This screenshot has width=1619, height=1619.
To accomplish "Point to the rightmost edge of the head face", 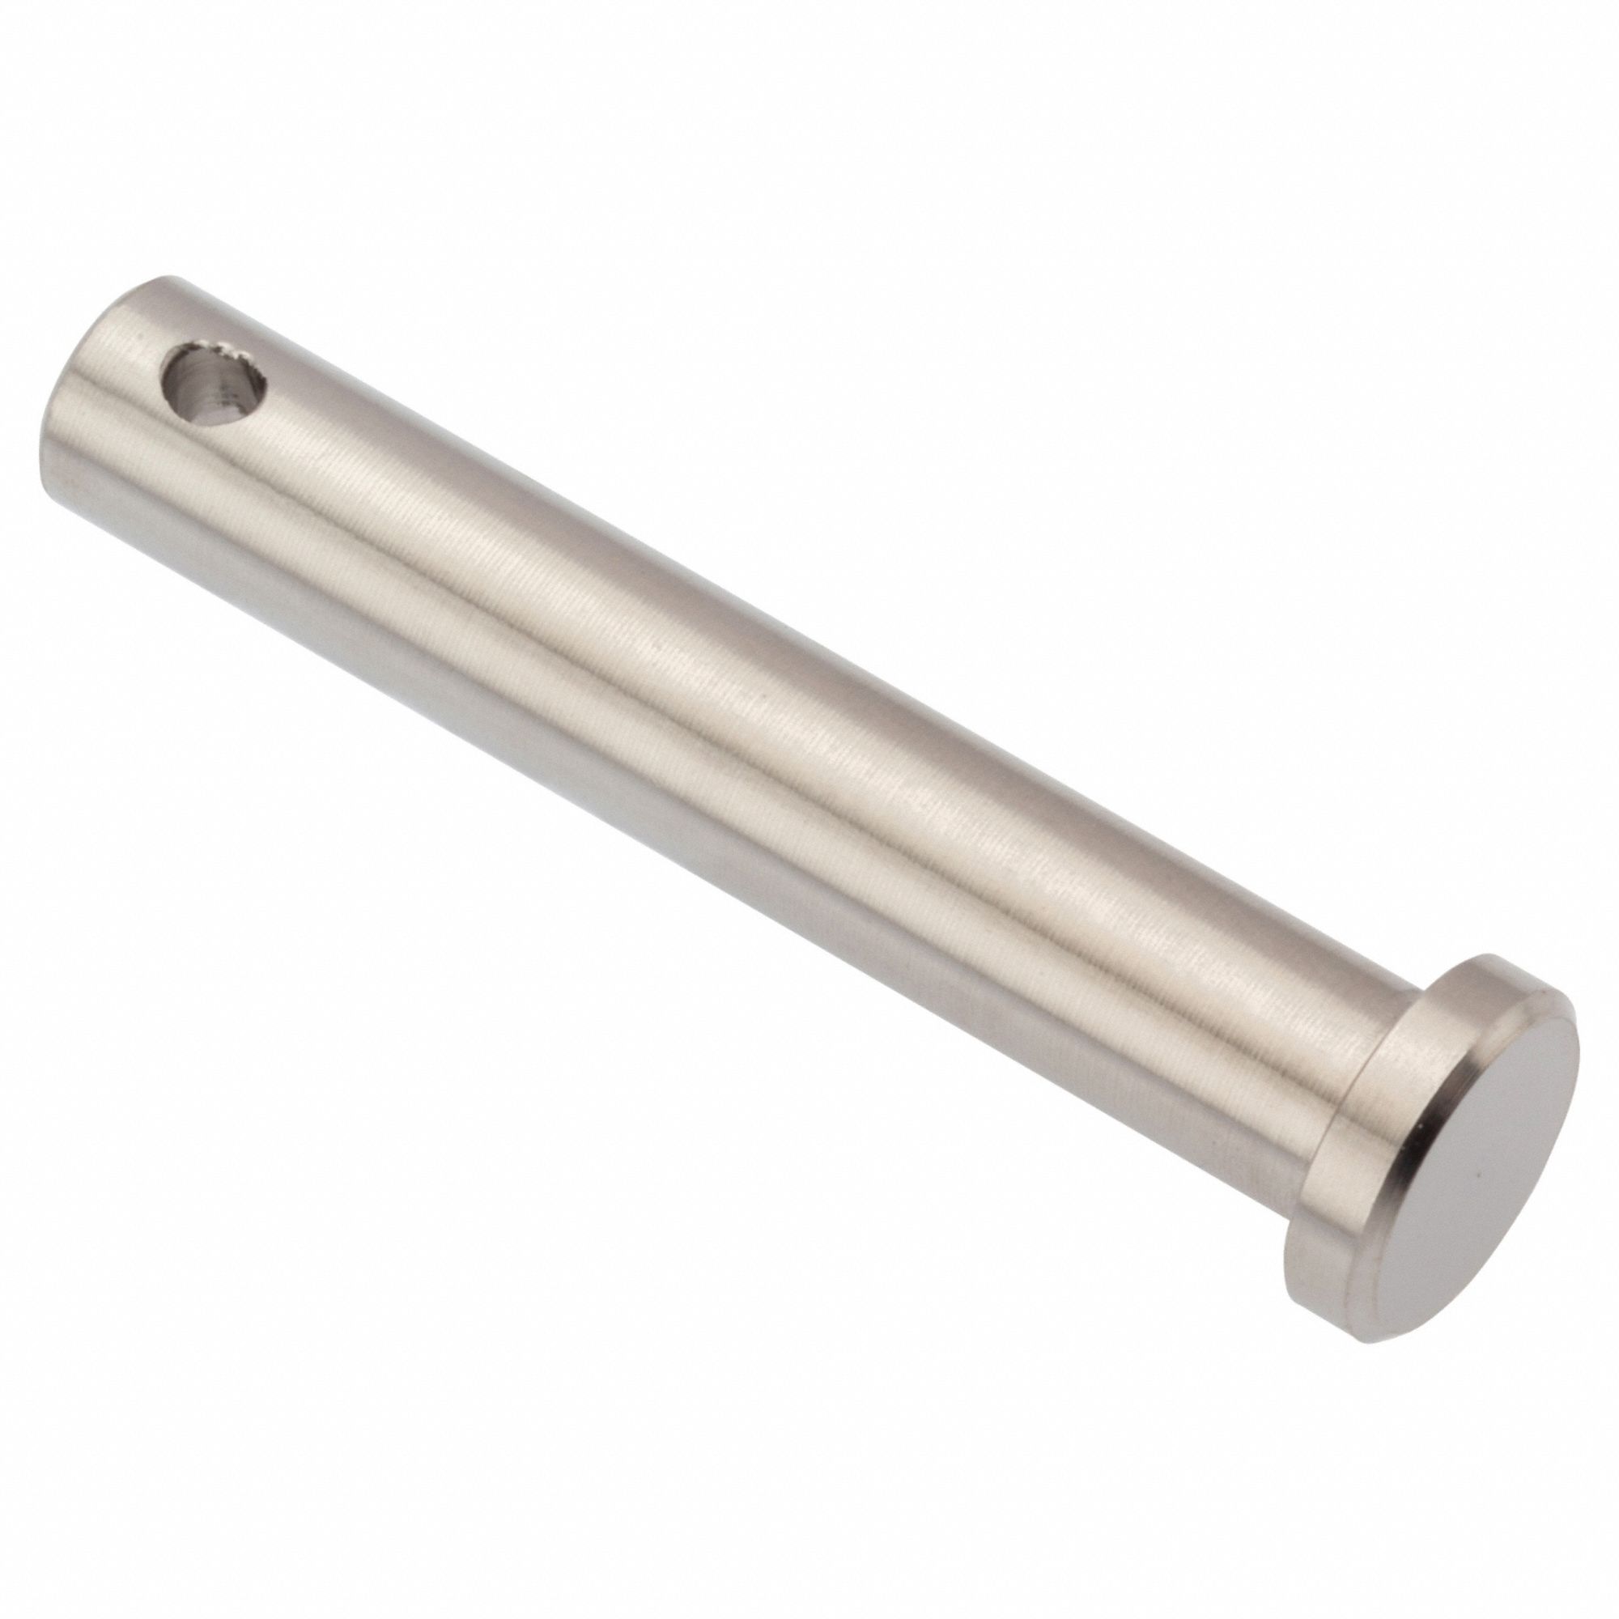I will (x=1579, y=1064).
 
